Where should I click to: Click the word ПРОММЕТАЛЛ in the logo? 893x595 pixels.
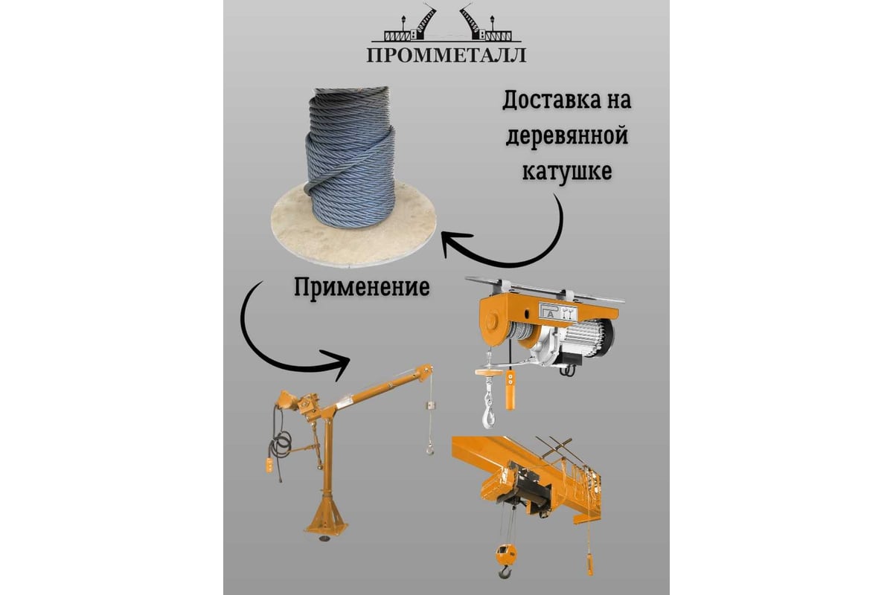coord(446,55)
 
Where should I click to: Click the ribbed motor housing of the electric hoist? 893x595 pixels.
coord(592,338)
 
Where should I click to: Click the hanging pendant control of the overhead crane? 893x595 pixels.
coord(590,562)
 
